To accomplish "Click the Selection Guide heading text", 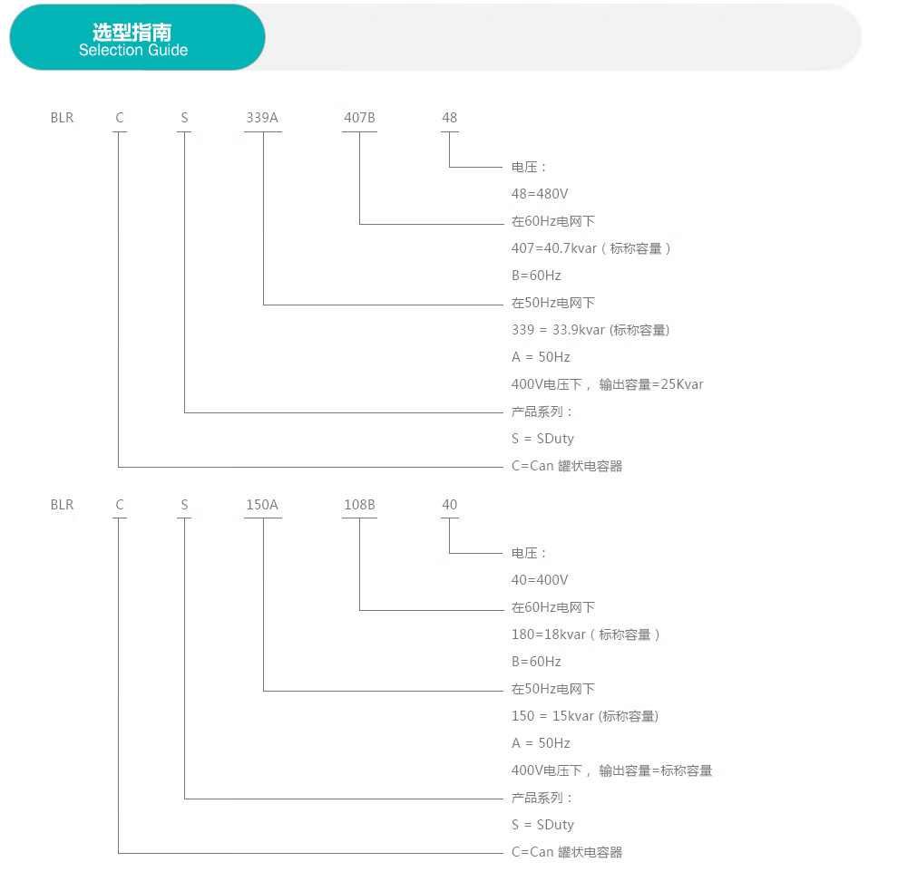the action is pos(133,51).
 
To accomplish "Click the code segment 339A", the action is pos(262,118).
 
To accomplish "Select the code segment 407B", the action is pos(360,118).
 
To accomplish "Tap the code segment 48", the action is pos(450,118).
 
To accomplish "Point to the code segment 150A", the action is pos(262,505).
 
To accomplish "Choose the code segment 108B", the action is pos(360,505).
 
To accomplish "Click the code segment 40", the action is pos(450,505).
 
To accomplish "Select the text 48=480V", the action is pos(540,194).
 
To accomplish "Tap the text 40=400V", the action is pos(540,580).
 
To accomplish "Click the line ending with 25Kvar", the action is pos(607,384).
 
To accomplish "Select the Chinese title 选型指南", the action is pos(132,32).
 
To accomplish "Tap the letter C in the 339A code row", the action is pos(120,118).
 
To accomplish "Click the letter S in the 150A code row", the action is pos(184,505).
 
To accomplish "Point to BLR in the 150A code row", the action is pos(62,505).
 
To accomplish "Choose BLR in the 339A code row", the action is pos(62,118).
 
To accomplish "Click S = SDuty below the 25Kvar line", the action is pos(542,439).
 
